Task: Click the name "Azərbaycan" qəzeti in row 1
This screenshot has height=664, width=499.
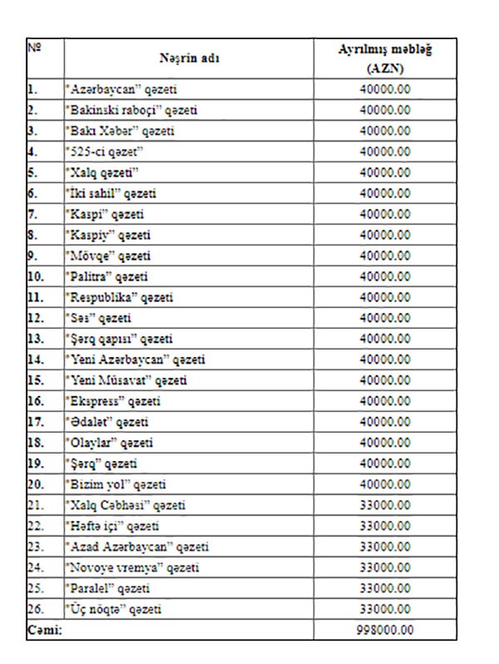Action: (x=121, y=89)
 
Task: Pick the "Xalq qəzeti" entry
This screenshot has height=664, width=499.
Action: (x=101, y=172)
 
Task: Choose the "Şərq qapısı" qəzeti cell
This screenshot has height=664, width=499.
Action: (x=118, y=339)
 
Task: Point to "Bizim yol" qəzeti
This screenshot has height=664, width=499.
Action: (x=116, y=484)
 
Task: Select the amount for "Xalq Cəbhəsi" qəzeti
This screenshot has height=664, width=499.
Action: (x=384, y=505)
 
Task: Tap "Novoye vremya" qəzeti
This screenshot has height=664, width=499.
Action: (x=131, y=567)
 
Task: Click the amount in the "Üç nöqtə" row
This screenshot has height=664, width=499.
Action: (x=384, y=609)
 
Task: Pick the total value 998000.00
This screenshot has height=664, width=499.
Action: (x=384, y=630)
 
